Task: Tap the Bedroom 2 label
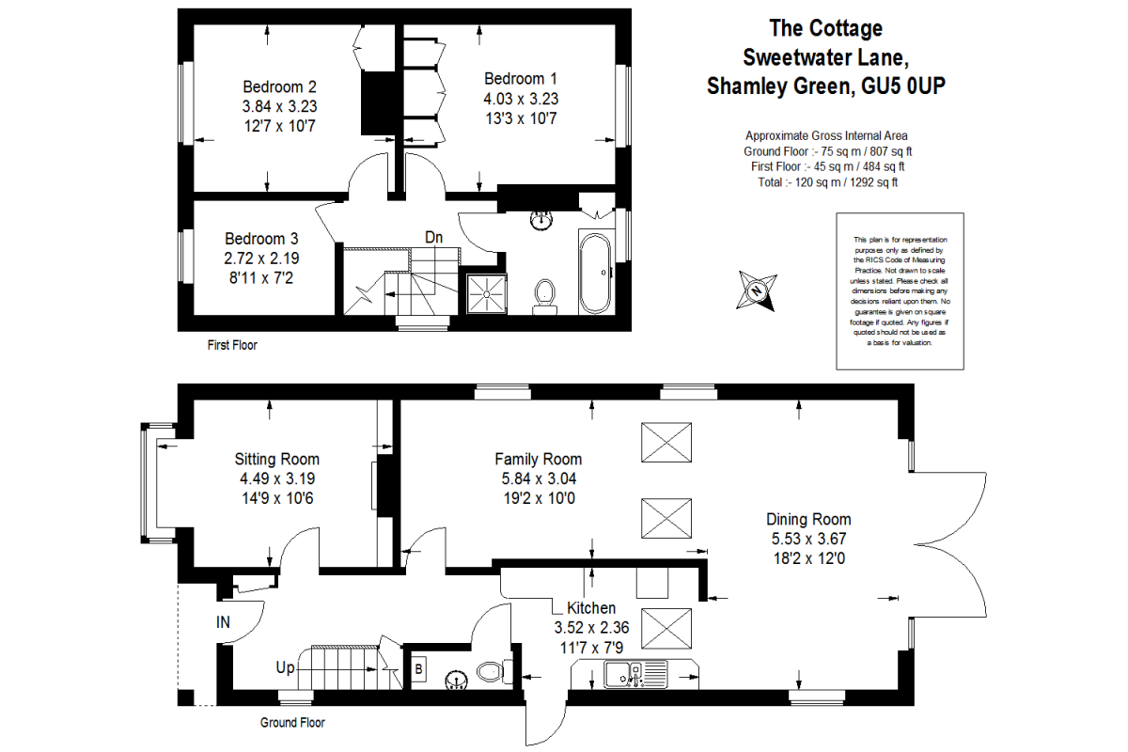pos(278,86)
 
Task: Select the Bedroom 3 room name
pos(261,239)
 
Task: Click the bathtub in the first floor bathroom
pos(596,273)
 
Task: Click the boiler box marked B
pos(418,671)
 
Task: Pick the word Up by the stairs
pos(285,667)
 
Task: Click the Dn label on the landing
pos(433,238)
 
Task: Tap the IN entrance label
pos(223,621)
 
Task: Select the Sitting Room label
pos(276,459)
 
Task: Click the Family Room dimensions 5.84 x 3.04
pos(538,478)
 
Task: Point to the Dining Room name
pos(808,519)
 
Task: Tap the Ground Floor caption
pos(292,723)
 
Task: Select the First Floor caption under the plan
pos(232,345)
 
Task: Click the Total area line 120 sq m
pos(827,182)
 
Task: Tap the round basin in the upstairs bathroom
pos(542,220)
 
